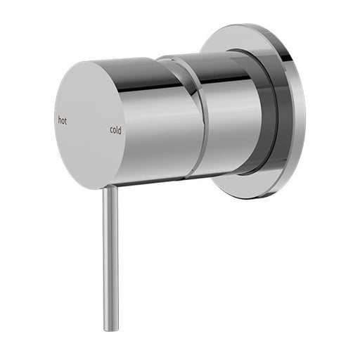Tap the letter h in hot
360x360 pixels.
(59, 120)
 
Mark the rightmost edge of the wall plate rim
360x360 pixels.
(304, 112)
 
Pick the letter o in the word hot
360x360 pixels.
(63, 121)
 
